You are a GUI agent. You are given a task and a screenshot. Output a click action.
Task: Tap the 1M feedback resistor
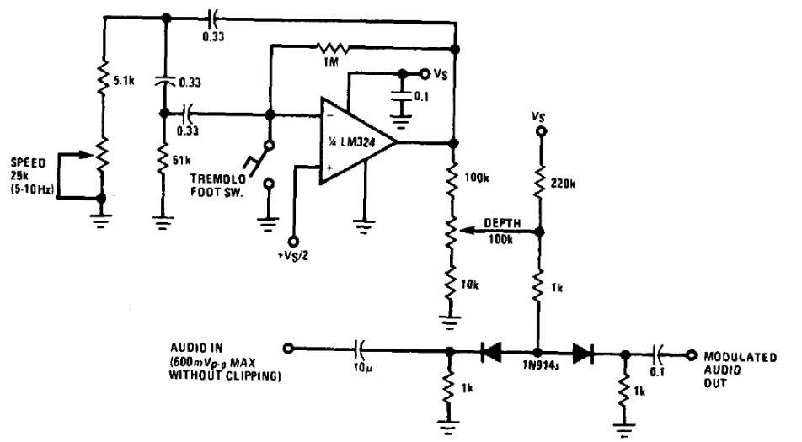coord(334,48)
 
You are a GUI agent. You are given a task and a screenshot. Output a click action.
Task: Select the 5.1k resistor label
coord(123,80)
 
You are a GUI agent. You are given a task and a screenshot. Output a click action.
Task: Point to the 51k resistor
coord(163,158)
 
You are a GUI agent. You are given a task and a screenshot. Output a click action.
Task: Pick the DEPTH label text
coord(502,223)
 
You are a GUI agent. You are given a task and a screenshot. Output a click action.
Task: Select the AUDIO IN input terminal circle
coord(288,349)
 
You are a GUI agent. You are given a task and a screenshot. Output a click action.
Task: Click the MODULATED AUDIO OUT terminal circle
coord(691,354)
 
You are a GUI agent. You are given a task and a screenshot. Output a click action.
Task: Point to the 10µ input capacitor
coord(359,349)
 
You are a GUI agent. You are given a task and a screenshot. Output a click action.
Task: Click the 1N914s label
coord(540,366)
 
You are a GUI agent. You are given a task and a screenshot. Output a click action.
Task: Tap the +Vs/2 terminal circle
coord(293,241)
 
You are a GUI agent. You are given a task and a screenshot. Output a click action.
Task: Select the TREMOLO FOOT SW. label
coord(218,185)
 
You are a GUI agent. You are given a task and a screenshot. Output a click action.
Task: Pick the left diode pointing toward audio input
coord(491,352)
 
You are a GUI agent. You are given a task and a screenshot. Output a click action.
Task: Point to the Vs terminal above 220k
coord(540,131)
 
